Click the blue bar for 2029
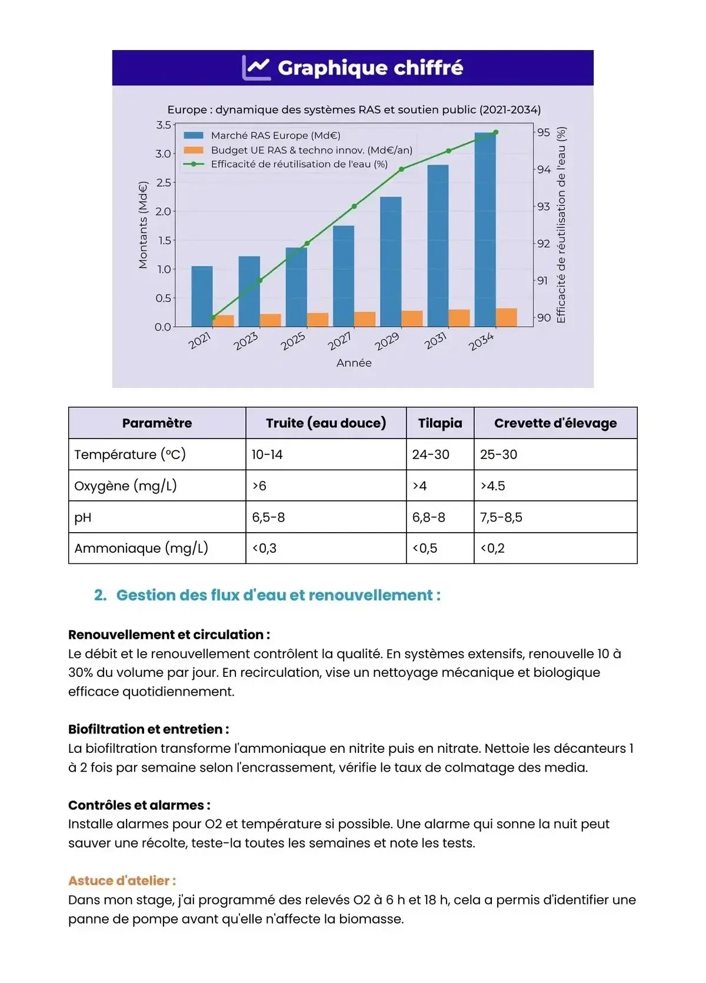(x=391, y=262)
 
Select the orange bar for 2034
(x=506, y=317)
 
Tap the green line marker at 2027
(x=354, y=206)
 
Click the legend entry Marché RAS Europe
(x=275, y=135)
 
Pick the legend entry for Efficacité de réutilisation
(x=299, y=164)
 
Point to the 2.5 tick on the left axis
(x=164, y=182)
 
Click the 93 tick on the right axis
(x=543, y=207)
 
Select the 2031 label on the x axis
(x=435, y=341)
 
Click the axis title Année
(x=354, y=363)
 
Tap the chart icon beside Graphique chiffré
(x=256, y=68)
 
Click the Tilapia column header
(x=439, y=423)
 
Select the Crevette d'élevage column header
(x=555, y=423)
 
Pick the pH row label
(x=83, y=517)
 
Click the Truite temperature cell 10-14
(x=267, y=454)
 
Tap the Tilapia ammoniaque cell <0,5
(x=425, y=548)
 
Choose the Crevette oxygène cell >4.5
(x=492, y=486)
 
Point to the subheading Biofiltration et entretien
(x=148, y=729)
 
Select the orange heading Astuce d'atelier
(x=122, y=881)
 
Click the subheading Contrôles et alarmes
(x=139, y=805)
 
